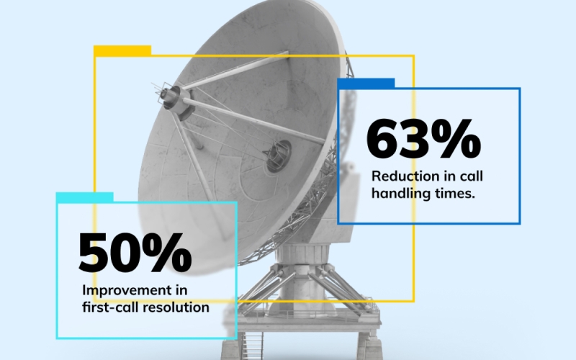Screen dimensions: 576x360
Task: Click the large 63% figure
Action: tap(423, 138)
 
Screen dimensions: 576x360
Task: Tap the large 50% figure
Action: tap(135, 253)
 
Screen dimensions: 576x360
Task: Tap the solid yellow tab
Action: tap(122, 50)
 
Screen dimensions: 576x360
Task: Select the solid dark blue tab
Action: tap(366, 84)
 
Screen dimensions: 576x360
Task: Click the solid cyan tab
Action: tap(84, 197)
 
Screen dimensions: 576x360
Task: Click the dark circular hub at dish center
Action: tap(278, 156)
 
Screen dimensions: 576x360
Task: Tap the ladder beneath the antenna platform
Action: tap(253, 346)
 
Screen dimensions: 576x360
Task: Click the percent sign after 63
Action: tap(456, 138)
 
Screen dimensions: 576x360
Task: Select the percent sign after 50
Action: tap(167, 253)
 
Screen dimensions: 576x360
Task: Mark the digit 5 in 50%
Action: tap(93, 253)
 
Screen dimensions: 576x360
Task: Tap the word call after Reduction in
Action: tap(472, 176)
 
